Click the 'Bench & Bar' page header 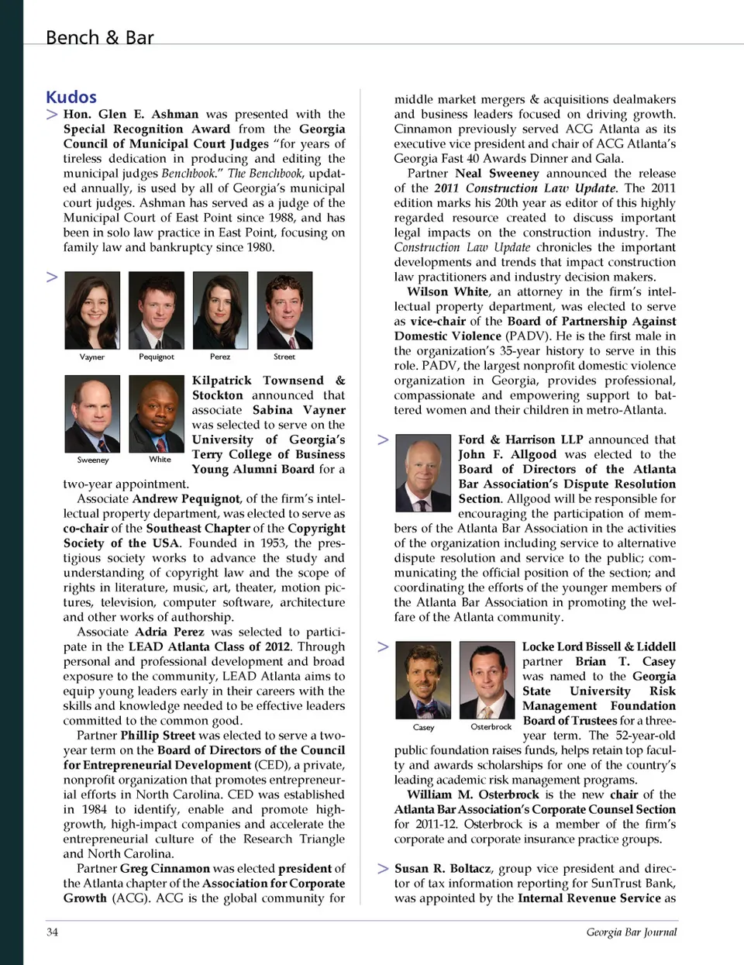point(99,37)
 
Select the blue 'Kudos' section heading point(71,97)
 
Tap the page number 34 point(52,932)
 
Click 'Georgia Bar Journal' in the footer point(631,932)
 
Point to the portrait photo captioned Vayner point(92,310)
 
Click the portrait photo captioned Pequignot point(157,310)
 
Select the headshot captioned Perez point(220,310)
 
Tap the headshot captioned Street point(284,310)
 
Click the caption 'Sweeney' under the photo point(93,460)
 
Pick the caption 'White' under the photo point(160,460)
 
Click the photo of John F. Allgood point(422,473)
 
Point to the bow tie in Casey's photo point(423,707)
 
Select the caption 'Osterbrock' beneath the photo point(491,727)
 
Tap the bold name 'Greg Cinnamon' point(165,868)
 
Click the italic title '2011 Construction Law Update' point(525,188)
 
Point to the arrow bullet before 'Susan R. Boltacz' point(383,868)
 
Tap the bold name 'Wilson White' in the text point(448,291)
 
